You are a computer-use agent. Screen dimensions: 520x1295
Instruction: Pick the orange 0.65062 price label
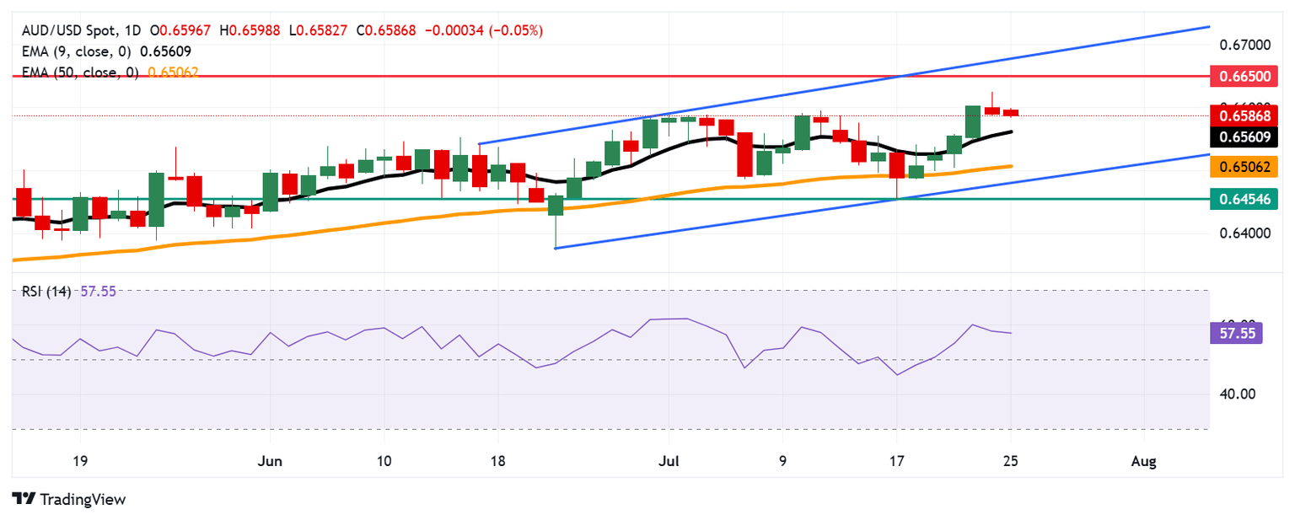pos(1242,167)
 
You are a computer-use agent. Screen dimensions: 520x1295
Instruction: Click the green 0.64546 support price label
pos(1242,199)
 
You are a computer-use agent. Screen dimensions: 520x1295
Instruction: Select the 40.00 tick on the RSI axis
pos(1235,394)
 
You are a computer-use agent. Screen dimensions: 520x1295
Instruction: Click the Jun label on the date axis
pos(271,461)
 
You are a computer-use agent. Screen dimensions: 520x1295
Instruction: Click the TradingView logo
pos(69,499)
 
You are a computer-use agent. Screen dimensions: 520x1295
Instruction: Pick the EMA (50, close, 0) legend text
pos(78,72)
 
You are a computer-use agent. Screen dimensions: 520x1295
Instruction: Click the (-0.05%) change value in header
pos(520,30)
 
